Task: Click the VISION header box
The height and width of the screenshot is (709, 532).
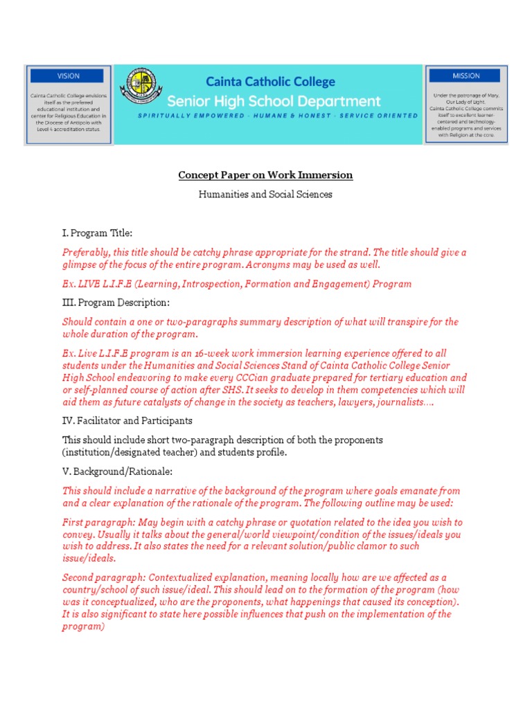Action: tap(68, 75)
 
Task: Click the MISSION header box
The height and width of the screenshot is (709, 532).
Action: tap(466, 75)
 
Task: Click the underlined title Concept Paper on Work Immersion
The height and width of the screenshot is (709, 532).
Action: tap(265, 175)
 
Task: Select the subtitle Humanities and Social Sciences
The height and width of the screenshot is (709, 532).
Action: tap(265, 195)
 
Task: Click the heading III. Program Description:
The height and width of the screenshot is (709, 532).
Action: tap(116, 303)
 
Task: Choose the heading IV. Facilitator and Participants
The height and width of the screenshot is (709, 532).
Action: tap(127, 420)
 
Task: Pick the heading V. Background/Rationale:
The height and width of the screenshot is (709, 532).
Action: tap(117, 471)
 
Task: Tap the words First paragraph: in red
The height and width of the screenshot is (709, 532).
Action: tap(97, 522)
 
